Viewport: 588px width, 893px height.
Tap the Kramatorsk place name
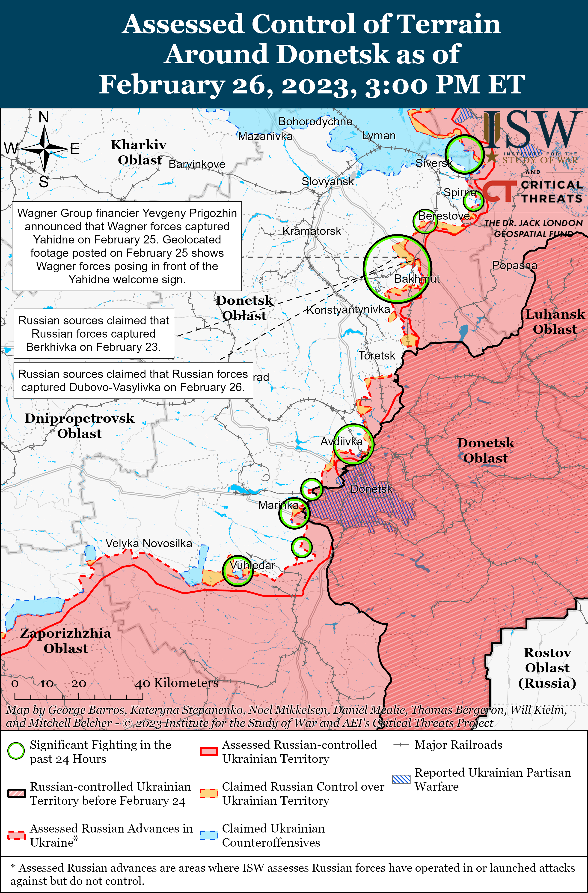click(312, 231)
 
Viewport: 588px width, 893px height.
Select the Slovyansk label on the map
click(327, 182)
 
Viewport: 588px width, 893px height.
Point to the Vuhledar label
click(252, 565)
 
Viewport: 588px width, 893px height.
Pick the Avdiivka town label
click(341, 442)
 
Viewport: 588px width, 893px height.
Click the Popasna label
click(514, 265)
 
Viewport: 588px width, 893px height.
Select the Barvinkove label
click(197, 164)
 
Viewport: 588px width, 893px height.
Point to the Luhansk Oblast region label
click(555, 322)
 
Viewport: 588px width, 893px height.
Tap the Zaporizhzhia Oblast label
click(66, 641)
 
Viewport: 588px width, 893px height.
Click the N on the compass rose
click(44, 117)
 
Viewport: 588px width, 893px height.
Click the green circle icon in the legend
click(16, 751)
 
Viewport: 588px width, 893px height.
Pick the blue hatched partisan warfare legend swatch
click(401, 779)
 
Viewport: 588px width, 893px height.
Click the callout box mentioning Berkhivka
click(94, 334)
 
